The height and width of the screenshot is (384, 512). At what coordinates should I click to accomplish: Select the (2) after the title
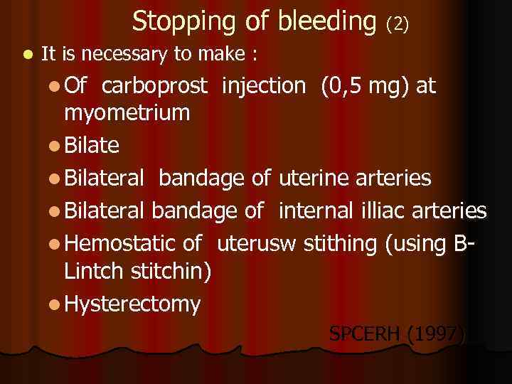tap(397, 24)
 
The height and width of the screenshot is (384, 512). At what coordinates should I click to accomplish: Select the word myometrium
tap(127, 112)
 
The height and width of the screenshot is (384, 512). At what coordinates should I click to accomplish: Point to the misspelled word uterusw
tap(257, 244)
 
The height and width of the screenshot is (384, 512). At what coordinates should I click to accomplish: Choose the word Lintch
tap(91, 270)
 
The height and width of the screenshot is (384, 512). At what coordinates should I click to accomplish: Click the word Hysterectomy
tap(132, 304)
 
